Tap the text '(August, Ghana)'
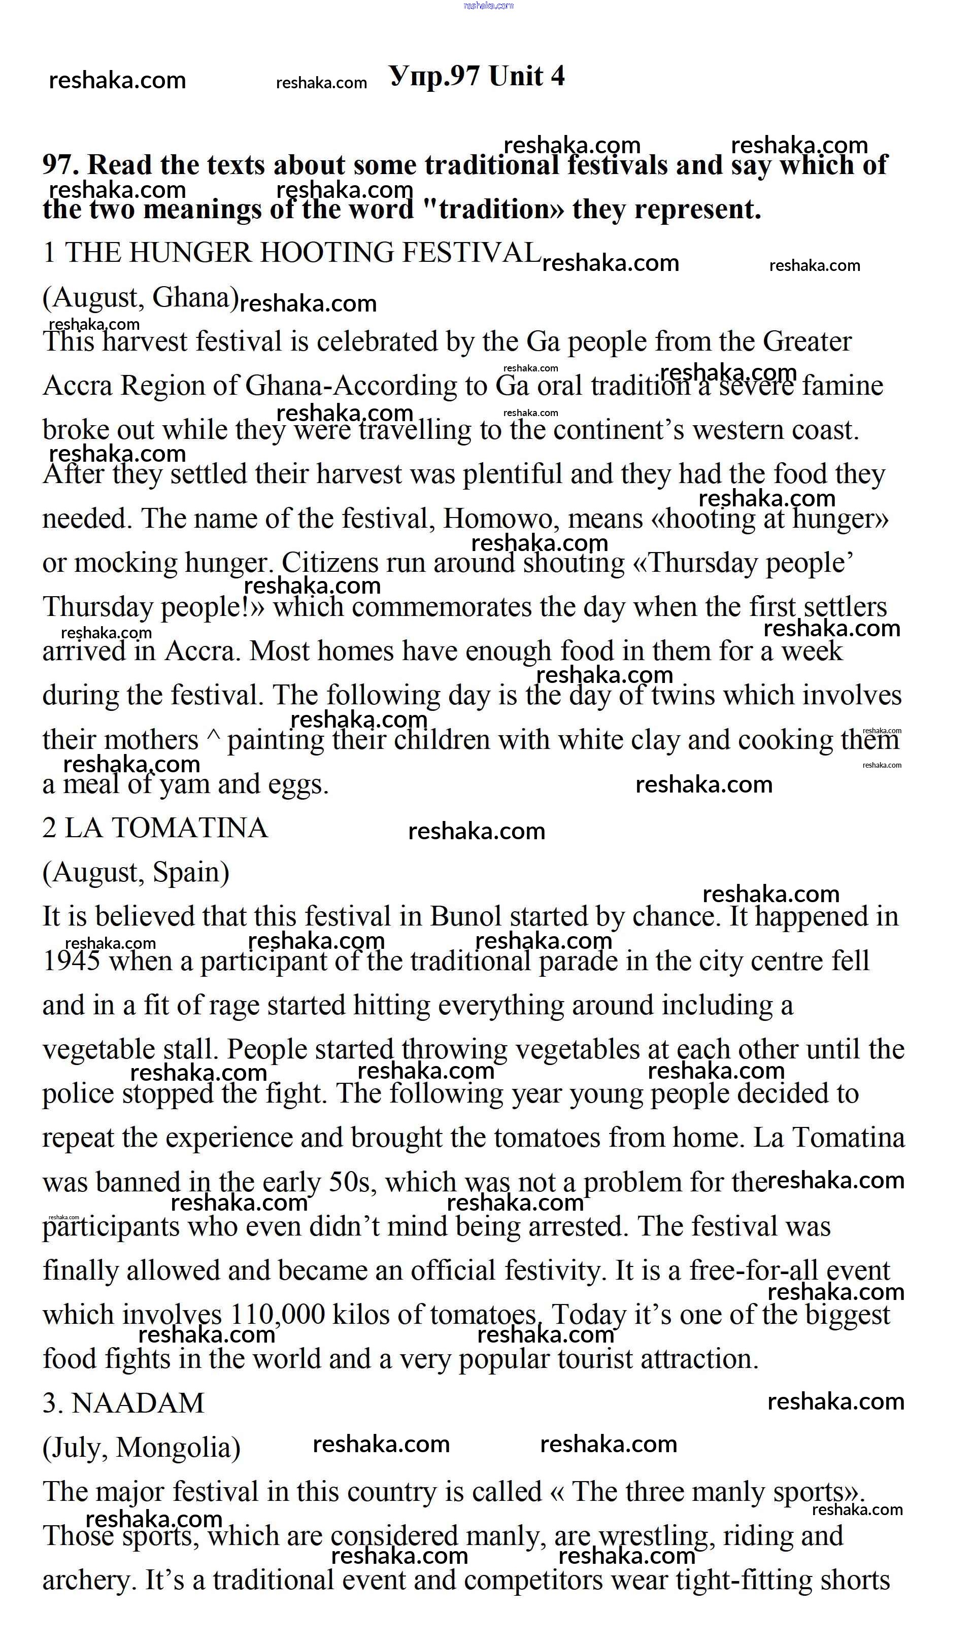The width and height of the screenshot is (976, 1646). point(140,298)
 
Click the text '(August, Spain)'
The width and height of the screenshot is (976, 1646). point(136,873)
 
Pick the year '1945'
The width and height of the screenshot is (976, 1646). point(72,961)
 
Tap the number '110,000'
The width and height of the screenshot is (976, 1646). point(277,1315)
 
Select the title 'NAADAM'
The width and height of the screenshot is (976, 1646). point(138,1403)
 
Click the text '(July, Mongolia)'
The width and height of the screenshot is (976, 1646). point(142,1448)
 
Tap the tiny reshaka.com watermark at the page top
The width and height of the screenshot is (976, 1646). point(488,5)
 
